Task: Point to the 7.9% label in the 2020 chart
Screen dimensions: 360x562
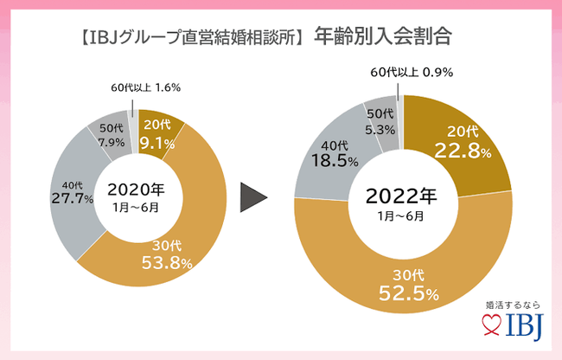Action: (110, 144)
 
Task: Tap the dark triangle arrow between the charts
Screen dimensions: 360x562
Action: (252, 196)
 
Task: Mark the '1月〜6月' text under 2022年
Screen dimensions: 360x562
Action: (399, 216)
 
